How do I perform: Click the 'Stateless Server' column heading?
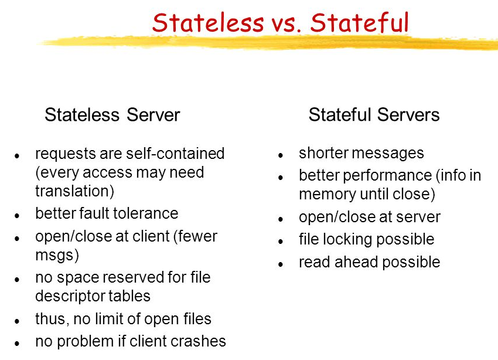[112, 114]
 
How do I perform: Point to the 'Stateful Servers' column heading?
[374, 114]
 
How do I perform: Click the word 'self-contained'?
[175, 154]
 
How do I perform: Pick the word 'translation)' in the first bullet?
[74, 191]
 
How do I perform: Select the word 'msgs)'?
[57, 255]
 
